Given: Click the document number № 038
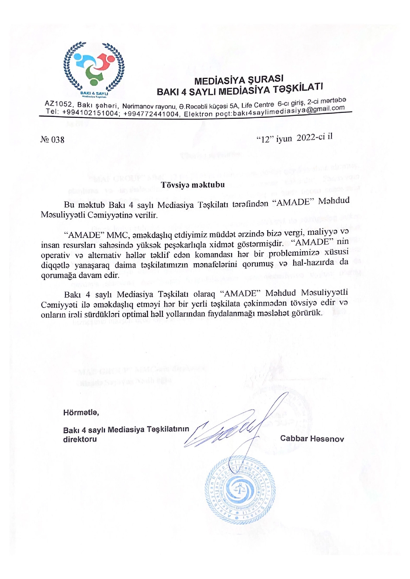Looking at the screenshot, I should (53, 140).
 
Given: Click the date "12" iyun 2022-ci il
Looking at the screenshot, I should (294, 138).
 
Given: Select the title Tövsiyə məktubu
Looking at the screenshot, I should (193, 185).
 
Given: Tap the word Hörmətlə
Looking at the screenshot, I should (81, 412).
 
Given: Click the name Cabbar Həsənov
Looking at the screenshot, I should (312, 439).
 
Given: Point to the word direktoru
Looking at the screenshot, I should (80, 439).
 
